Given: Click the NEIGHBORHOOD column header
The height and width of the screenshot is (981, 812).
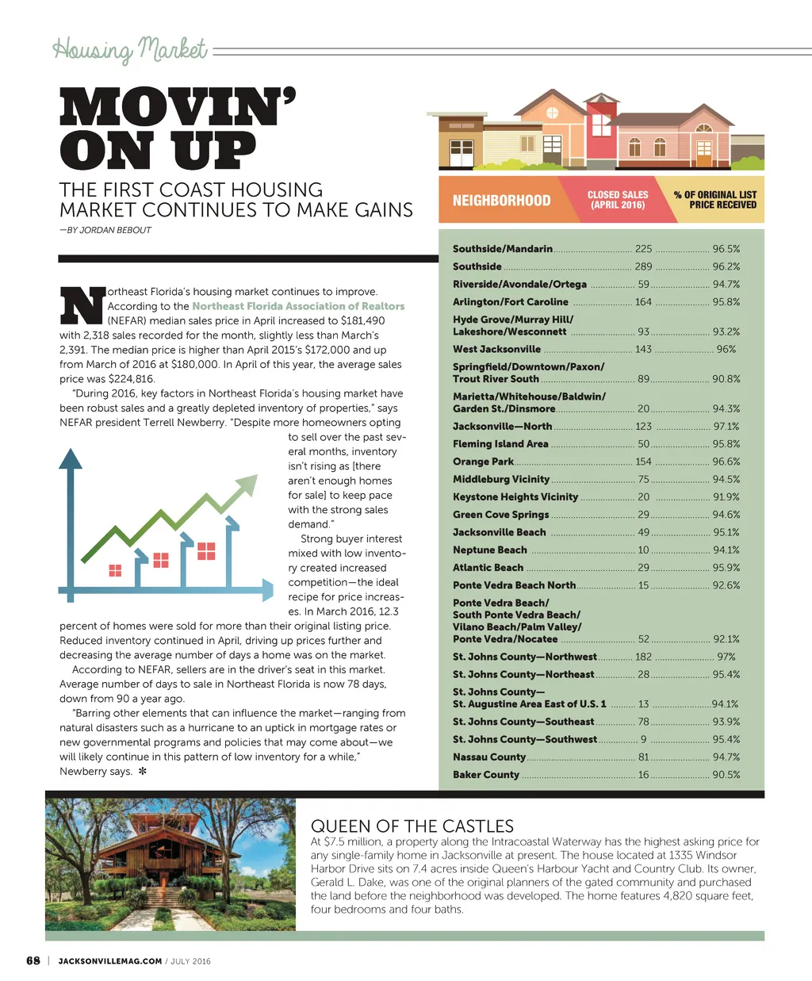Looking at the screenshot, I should coord(501,201).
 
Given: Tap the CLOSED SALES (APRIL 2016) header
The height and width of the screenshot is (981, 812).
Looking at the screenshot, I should coord(617,200).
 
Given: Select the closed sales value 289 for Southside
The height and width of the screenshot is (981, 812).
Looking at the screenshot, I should coord(643,266).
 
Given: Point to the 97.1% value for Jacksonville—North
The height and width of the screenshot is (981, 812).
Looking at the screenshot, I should coord(726,426).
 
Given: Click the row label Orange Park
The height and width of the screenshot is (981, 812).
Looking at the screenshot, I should coord(483,462).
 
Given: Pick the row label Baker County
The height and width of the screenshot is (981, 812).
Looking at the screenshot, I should coord(486,775).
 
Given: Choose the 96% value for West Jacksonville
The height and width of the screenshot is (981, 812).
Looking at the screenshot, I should coord(726,349).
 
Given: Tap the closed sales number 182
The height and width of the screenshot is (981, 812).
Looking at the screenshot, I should coord(643,657).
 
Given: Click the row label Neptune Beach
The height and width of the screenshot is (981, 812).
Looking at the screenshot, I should coord(489,550).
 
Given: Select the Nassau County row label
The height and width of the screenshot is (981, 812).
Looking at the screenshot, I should coord(488,757).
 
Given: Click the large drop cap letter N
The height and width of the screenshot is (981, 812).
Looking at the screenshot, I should coord(82,305).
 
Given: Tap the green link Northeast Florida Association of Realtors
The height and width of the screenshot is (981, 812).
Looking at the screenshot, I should coord(298,306).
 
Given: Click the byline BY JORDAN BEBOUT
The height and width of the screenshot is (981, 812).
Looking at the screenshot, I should coord(105,230).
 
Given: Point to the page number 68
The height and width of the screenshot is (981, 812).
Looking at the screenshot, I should coord(33,960).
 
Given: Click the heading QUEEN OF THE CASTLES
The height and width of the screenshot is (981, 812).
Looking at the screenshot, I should coord(412,826).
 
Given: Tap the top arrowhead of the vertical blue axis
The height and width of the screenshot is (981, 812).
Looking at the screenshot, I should coord(71,458).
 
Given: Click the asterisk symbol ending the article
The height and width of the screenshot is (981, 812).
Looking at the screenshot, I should coord(143,771).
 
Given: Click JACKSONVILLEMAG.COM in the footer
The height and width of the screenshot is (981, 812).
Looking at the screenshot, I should coord(110,961).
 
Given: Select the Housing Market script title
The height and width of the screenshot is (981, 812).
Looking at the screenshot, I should coord(130,50).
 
